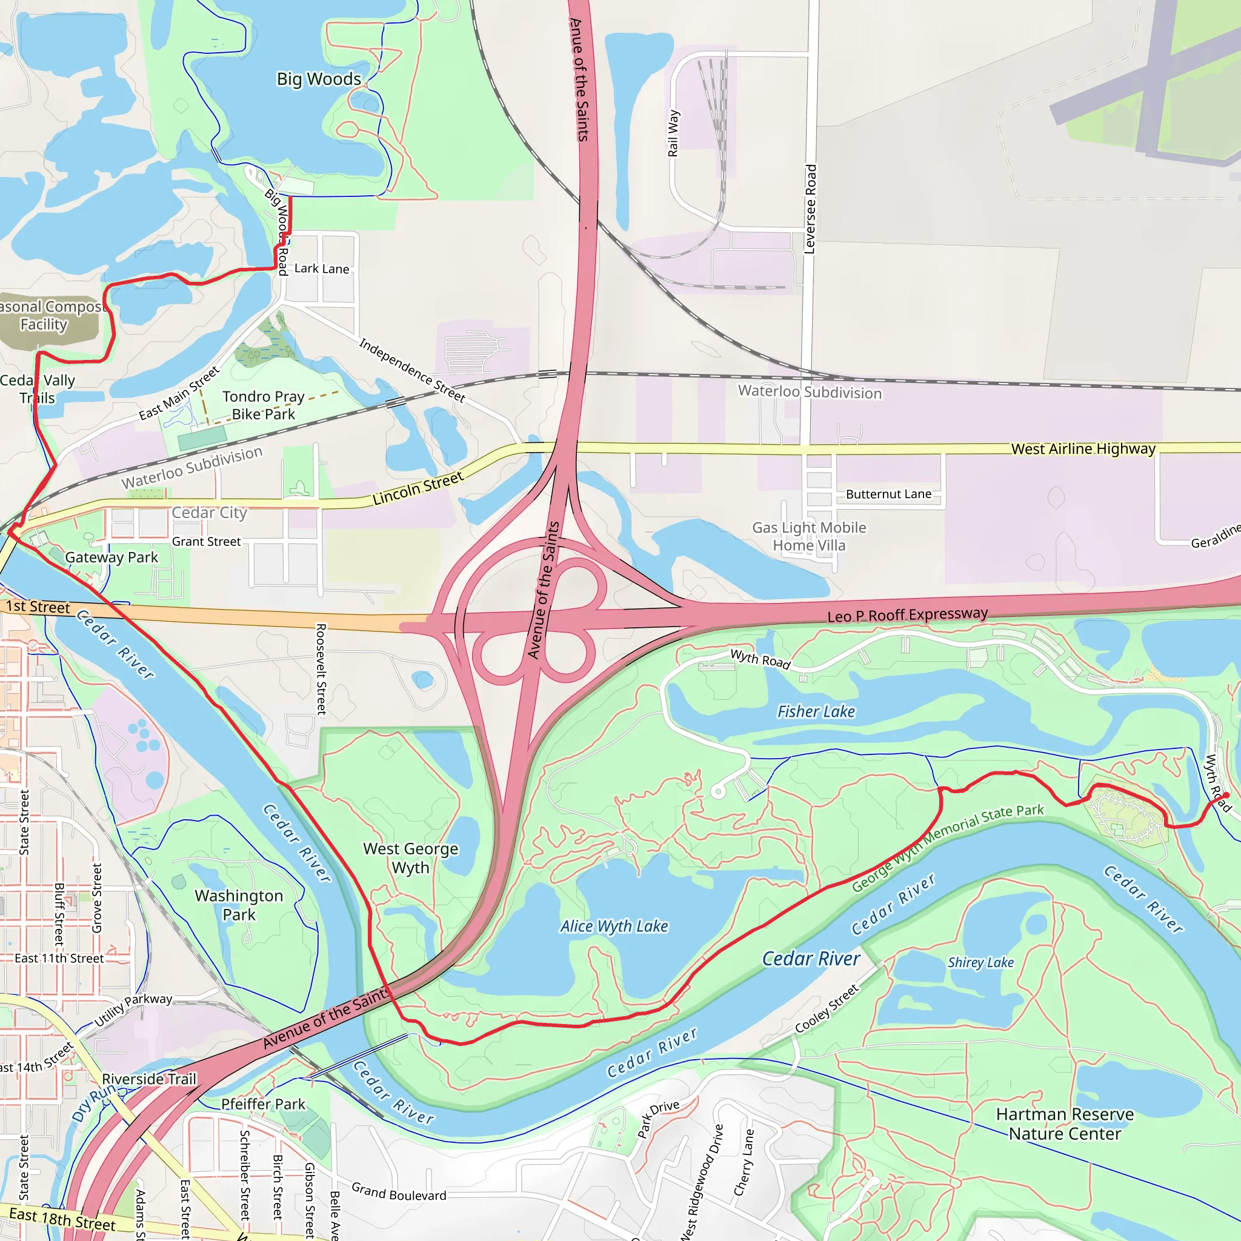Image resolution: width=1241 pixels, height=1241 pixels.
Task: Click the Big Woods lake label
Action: pyautogui.click(x=319, y=79)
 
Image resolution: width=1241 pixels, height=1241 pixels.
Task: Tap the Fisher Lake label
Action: pyautogui.click(x=816, y=712)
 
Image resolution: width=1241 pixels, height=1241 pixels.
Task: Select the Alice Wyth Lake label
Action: pyautogui.click(x=614, y=927)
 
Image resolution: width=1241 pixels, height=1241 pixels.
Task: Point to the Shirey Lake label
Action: pyautogui.click(x=980, y=962)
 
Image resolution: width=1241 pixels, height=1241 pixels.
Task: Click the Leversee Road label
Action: pyautogui.click(x=811, y=210)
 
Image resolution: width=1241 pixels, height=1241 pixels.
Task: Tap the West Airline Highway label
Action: pyautogui.click(x=1083, y=449)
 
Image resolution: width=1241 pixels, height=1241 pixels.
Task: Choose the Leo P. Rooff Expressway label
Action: pyautogui.click(x=907, y=614)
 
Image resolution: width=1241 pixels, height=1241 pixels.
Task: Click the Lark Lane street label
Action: pyautogui.click(x=322, y=268)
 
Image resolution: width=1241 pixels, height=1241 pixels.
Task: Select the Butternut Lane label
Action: pyautogui.click(x=888, y=494)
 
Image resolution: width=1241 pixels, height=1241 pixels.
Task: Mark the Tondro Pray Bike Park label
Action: pyautogui.click(x=264, y=405)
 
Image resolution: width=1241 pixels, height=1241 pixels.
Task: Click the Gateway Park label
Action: pyautogui.click(x=111, y=557)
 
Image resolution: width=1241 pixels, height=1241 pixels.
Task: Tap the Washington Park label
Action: pyautogui.click(x=239, y=905)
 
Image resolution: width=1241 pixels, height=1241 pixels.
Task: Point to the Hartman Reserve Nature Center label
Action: pyautogui.click(x=1064, y=1123)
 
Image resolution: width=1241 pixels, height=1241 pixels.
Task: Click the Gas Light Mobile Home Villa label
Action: pyautogui.click(x=809, y=536)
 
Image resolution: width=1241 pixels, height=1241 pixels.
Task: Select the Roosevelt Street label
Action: pyautogui.click(x=321, y=669)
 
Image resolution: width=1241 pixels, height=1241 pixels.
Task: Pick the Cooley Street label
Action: pyautogui.click(x=827, y=1008)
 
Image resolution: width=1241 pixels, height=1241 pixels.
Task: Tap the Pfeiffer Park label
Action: pyautogui.click(x=264, y=1103)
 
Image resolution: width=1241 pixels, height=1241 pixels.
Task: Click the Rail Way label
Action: pyautogui.click(x=673, y=133)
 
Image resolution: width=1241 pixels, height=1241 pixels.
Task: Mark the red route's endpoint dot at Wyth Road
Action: pyautogui.click(x=1226, y=795)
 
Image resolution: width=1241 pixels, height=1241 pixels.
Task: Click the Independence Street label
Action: pyautogui.click(x=411, y=371)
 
